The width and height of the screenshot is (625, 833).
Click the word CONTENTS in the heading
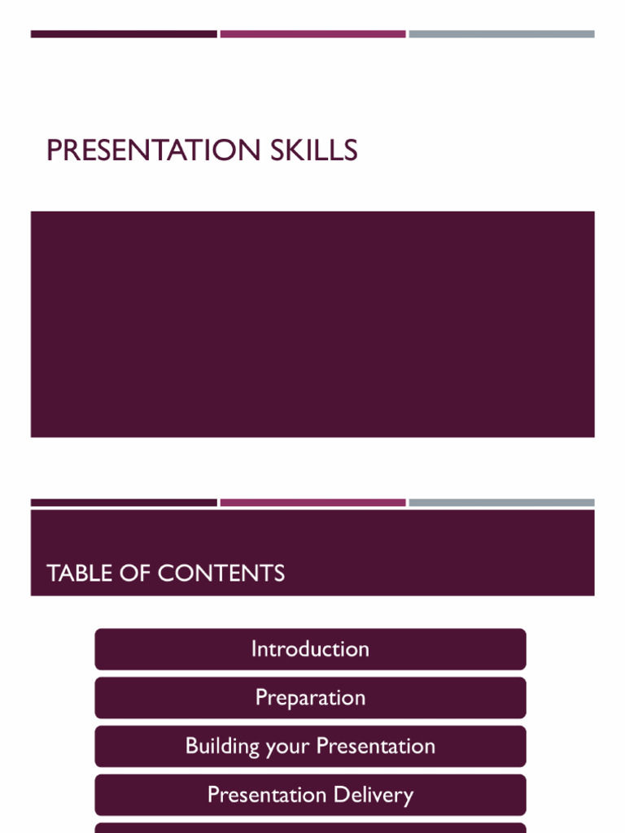point(221,574)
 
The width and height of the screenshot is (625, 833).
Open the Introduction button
point(310,649)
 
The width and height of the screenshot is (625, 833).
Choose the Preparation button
point(310,698)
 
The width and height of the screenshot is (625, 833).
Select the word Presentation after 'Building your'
point(376,746)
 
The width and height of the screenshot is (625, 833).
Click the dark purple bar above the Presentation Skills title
point(124,34)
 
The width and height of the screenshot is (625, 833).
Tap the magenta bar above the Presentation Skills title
point(312,34)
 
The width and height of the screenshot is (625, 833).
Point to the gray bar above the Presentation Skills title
point(501,34)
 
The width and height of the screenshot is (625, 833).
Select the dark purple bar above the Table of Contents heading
point(124,503)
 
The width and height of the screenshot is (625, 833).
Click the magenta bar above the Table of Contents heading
point(312,503)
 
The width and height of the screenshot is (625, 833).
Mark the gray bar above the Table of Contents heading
point(501,503)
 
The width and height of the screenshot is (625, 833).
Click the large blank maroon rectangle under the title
point(312,324)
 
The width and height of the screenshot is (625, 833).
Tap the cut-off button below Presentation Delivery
point(310,828)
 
